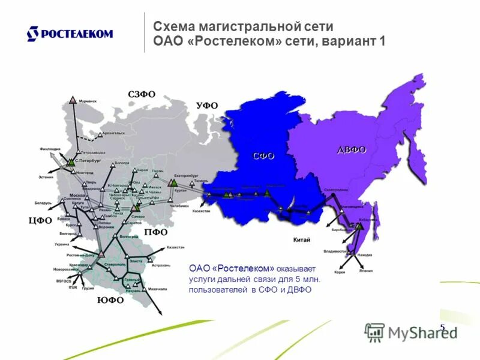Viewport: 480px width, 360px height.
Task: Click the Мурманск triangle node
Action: pos(73,100)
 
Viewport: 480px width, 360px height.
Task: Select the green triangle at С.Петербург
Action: pos(71,161)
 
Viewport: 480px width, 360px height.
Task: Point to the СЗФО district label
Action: pos(142,94)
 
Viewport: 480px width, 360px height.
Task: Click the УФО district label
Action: pos(207,105)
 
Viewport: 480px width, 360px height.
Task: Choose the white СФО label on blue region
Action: pos(263,155)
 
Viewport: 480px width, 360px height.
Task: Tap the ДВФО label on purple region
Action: pos(351,149)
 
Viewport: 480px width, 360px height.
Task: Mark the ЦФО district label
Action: pos(40,220)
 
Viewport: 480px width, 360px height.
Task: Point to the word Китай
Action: pos(301,240)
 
